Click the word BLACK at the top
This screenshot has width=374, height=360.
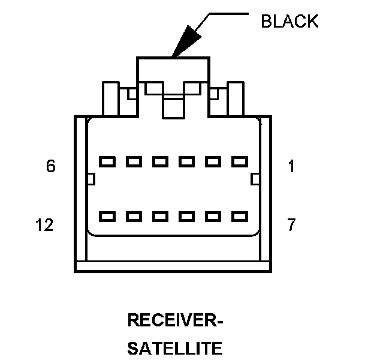tap(289, 21)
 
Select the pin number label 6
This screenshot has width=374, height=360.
tap(51, 166)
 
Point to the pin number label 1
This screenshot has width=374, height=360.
tap(292, 166)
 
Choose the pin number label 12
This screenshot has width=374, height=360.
tap(45, 225)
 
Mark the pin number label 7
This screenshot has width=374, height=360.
tap(292, 225)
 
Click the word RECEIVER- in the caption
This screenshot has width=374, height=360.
tap(175, 320)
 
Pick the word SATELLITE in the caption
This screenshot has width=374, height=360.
tap(175, 348)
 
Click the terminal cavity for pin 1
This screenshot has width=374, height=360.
tap(240, 161)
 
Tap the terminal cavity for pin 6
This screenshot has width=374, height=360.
tap(107, 161)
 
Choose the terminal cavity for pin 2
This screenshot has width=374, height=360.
tap(213, 161)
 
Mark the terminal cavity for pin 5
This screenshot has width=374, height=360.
tap(134, 161)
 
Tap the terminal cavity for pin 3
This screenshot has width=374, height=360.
tap(187, 161)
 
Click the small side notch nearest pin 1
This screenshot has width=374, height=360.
tap(255, 179)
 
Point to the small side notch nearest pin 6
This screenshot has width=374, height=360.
tap(91, 179)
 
